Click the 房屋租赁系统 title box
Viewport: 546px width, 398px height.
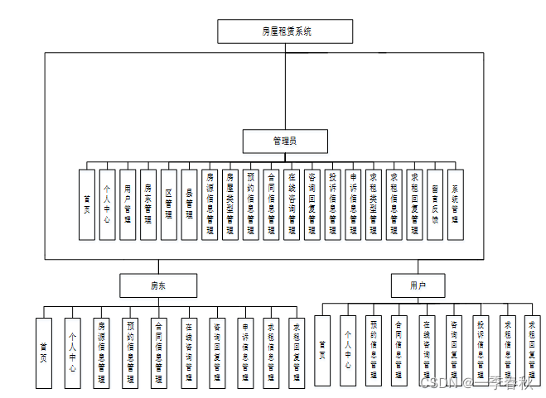pos(286,31)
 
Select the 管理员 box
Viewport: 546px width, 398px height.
pos(285,141)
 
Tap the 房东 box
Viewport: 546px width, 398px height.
pos(157,285)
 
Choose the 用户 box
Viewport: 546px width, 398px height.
pos(418,285)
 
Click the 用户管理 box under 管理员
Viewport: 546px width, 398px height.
pos(128,204)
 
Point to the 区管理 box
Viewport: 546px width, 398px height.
pos(168,204)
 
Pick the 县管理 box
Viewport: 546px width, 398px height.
pos(189,204)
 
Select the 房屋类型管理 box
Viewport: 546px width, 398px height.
pos(230,204)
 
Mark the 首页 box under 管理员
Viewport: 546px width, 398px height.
pos(86,204)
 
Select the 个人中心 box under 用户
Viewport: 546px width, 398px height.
pos(348,351)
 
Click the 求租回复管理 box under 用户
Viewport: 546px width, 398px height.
pos(534,351)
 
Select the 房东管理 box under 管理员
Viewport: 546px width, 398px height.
pos(147,204)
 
